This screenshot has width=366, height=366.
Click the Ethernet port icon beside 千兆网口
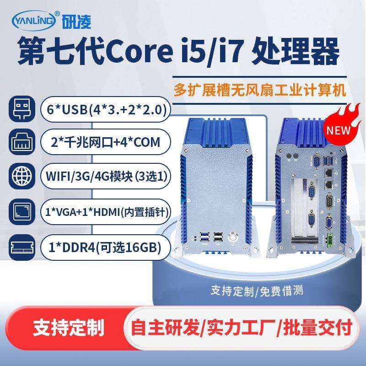[21, 142]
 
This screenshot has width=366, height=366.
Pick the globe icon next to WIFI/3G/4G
[21, 177]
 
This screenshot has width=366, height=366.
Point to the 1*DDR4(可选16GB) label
[103, 248]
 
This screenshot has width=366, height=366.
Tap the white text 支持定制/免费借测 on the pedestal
[257, 290]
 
